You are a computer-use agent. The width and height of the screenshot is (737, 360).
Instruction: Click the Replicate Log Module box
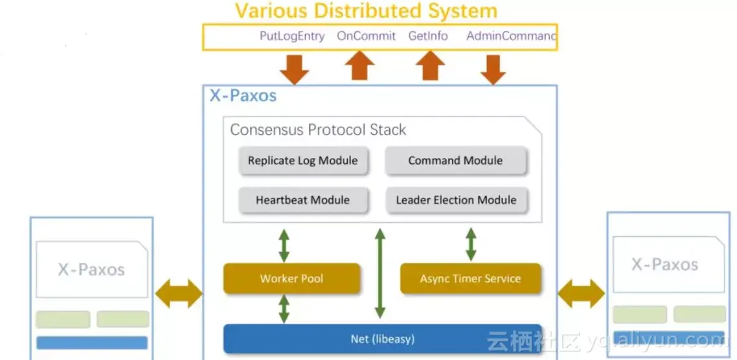tap(302, 161)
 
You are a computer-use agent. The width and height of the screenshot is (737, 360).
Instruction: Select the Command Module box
tap(455, 161)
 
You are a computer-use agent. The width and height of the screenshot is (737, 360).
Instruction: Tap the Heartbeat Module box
tap(302, 200)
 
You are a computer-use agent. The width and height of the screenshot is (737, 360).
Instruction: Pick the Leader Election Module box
tap(456, 200)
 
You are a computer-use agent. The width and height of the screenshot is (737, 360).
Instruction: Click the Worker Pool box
tap(291, 278)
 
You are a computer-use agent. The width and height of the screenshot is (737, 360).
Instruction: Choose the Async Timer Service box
tap(470, 278)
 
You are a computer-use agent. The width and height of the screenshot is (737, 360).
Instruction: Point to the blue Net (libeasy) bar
tap(382, 339)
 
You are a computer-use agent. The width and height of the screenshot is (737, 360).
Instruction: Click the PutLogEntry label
tap(292, 36)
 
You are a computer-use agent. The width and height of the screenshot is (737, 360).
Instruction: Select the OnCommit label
tap(366, 36)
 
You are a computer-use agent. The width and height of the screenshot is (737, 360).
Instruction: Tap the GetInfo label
tap(428, 36)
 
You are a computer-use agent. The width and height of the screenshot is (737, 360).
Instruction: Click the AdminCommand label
tap(511, 36)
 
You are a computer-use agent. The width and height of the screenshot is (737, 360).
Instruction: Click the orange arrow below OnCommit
tap(359, 66)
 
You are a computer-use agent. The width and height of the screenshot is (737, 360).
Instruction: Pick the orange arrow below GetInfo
tap(429, 66)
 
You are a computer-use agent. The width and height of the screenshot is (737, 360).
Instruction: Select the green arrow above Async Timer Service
tap(471, 244)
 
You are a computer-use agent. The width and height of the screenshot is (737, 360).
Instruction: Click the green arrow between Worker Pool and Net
tap(284, 309)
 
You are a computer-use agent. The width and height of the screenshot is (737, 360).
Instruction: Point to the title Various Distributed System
tap(366, 11)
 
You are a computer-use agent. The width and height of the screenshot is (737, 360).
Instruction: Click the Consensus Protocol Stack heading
tap(318, 129)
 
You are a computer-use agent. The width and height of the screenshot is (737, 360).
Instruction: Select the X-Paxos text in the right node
tap(665, 264)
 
